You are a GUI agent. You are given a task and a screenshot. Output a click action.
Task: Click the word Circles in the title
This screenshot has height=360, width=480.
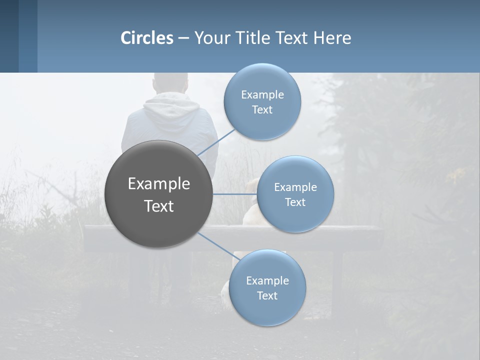(x=146, y=38)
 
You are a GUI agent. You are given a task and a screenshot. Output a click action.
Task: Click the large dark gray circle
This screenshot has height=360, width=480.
(x=159, y=194)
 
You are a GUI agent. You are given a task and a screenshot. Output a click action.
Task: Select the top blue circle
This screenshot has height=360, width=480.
(x=262, y=101)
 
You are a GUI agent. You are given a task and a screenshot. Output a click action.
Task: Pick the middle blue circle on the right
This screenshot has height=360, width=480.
(x=295, y=194)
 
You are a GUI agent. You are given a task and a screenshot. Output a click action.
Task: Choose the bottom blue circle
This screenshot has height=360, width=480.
(x=267, y=287)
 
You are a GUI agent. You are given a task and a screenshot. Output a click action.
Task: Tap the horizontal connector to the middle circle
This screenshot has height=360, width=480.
(x=234, y=194)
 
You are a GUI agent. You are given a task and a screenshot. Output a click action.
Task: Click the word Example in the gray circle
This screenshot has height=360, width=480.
(x=159, y=184)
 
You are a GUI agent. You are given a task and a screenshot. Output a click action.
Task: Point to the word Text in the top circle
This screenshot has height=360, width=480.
(x=262, y=110)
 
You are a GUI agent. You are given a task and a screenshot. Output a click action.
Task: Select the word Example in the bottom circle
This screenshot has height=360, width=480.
(x=267, y=280)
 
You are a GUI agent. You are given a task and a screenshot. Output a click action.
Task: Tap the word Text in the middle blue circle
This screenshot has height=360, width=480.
(x=295, y=202)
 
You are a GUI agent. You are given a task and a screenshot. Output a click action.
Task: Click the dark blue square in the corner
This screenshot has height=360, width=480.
(x=9, y=36)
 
